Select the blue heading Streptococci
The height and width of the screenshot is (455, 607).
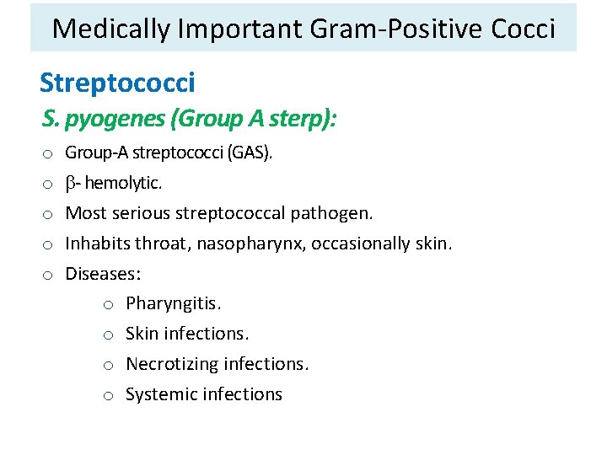pyautogui.click(x=117, y=83)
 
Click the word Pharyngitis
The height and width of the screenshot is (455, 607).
pyautogui.click(x=173, y=303)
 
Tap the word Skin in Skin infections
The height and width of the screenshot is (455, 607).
pyautogui.click(x=142, y=334)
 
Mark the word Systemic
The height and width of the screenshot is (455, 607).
pyautogui.click(x=160, y=394)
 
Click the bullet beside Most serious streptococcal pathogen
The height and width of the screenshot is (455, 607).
pyautogui.click(x=49, y=214)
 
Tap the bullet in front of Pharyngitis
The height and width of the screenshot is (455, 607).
pyautogui.click(x=109, y=304)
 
